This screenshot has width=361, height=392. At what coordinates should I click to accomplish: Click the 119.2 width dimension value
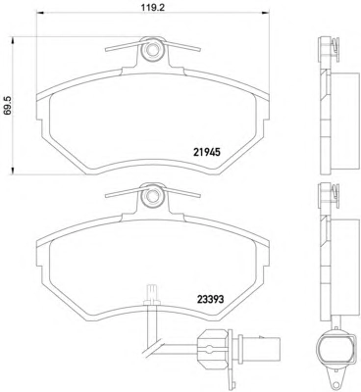pyautogui.click(x=152, y=7)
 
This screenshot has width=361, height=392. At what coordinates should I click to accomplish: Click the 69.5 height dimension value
pyautogui.click(x=8, y=105)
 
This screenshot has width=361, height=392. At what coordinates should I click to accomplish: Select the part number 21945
pyautogui.click(x=207, y=152)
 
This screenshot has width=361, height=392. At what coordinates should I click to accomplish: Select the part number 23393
pyautogui.click(x=210, y=299)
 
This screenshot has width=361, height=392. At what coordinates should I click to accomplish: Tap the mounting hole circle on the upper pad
pyautogui.click(x=151, y=50)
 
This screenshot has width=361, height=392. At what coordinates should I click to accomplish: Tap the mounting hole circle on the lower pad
pyautogui.click(x=151, y=197)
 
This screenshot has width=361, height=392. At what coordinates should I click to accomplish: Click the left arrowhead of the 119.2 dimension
pyautogui.click(x=40, y=13)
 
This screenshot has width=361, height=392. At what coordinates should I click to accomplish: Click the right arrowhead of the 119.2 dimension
pyautogui.click(x=265, y=13)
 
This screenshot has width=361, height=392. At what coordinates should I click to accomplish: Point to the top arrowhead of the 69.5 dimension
pyautogui.click(x=13, y=40)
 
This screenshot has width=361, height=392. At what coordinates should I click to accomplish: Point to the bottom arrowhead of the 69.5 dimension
pyautogui.click(x=13, y=171)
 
